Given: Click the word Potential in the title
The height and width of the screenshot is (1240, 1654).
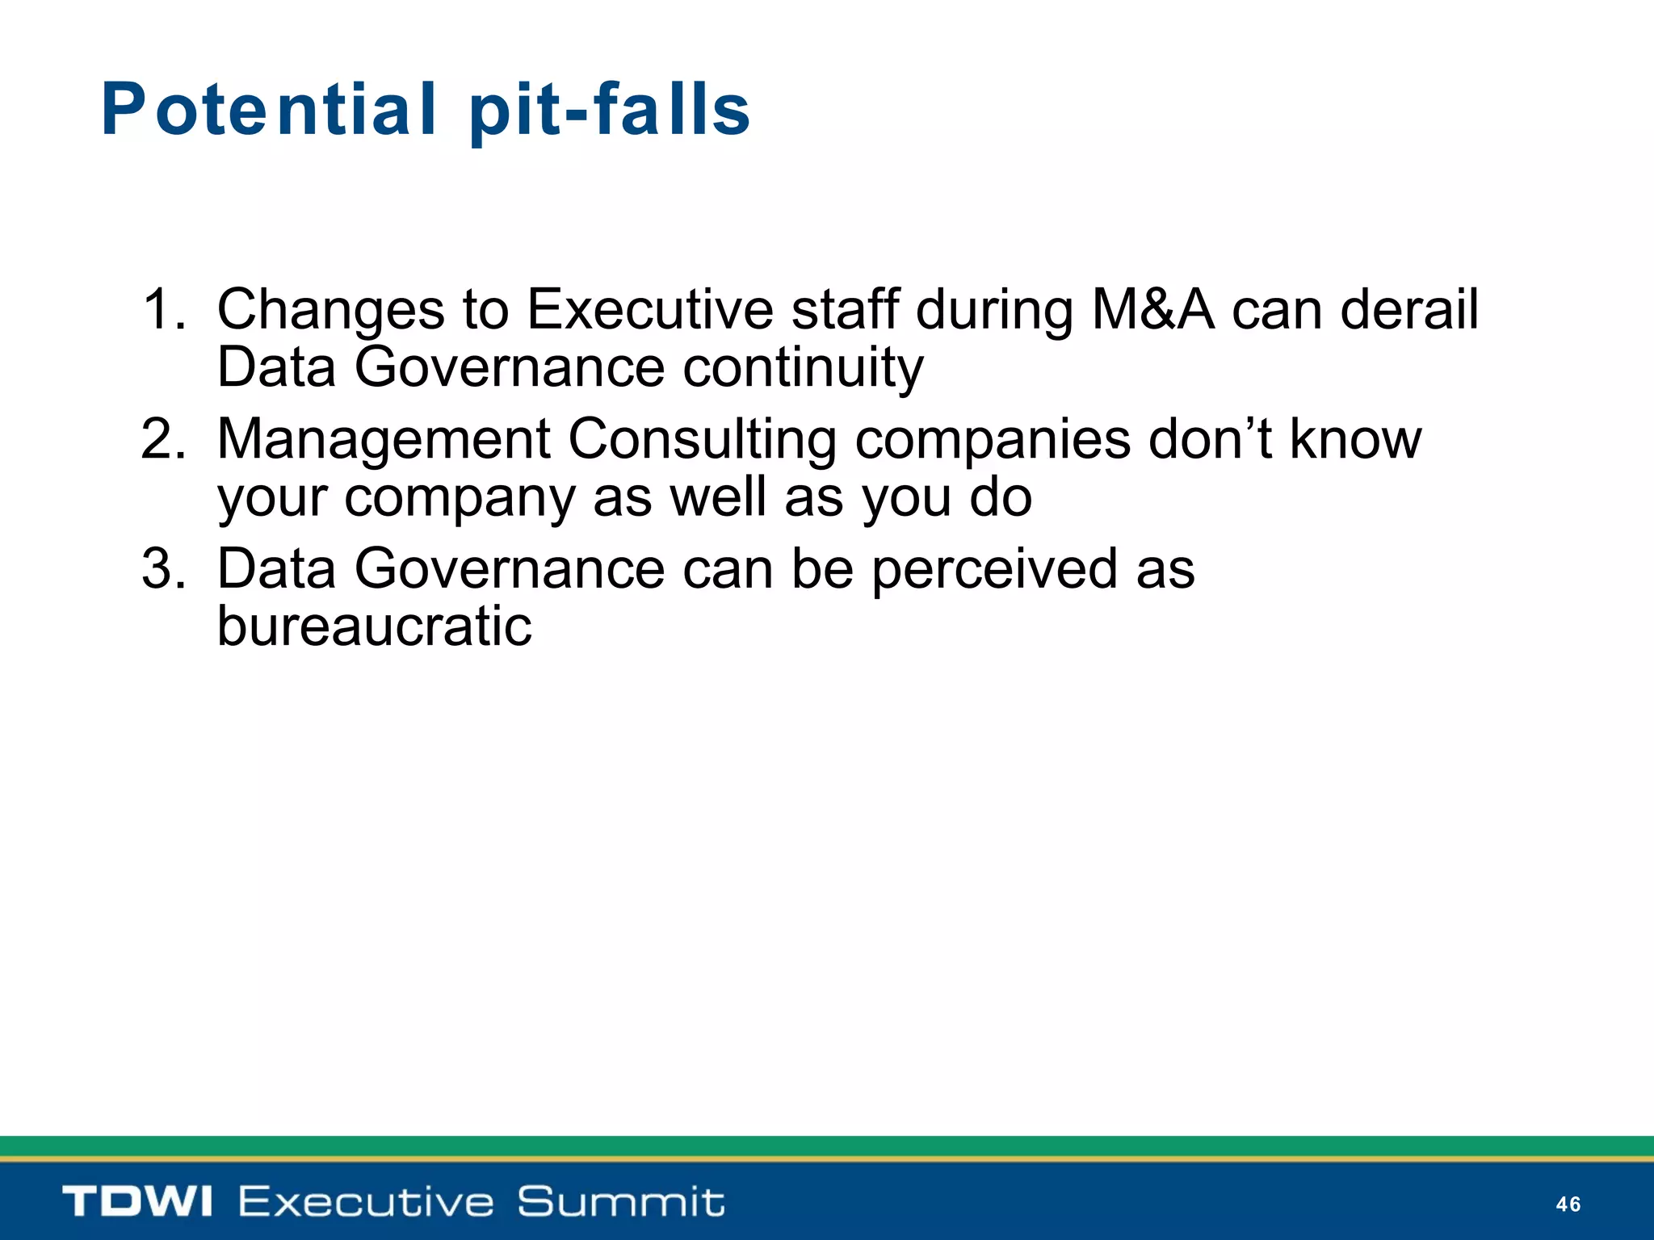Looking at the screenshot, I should tap(269, 111).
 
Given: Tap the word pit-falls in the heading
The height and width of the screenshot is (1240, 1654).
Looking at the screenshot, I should tap(610, 111).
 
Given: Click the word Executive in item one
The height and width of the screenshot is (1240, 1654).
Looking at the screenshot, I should tap(649, 309).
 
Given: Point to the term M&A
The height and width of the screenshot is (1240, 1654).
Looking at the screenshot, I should tap(1152, 309).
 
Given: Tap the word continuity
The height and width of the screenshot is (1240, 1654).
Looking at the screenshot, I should tap(803, 368).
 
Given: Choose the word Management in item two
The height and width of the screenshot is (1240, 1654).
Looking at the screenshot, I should tap(384, 439).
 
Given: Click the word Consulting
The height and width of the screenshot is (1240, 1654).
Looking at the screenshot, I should tap(702, 441).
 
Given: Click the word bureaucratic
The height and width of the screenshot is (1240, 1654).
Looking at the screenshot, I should tap(375, 626).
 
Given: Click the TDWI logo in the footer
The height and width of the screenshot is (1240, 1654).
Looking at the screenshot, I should tap(137, 1201).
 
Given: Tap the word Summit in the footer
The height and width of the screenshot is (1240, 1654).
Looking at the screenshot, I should tap(620, 1201).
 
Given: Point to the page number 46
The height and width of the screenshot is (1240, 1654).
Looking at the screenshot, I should tap(1568, 1204).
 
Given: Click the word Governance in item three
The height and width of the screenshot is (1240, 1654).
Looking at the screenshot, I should tap(510, 569).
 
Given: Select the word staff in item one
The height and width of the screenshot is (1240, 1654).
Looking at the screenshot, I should tap(845, 309).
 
